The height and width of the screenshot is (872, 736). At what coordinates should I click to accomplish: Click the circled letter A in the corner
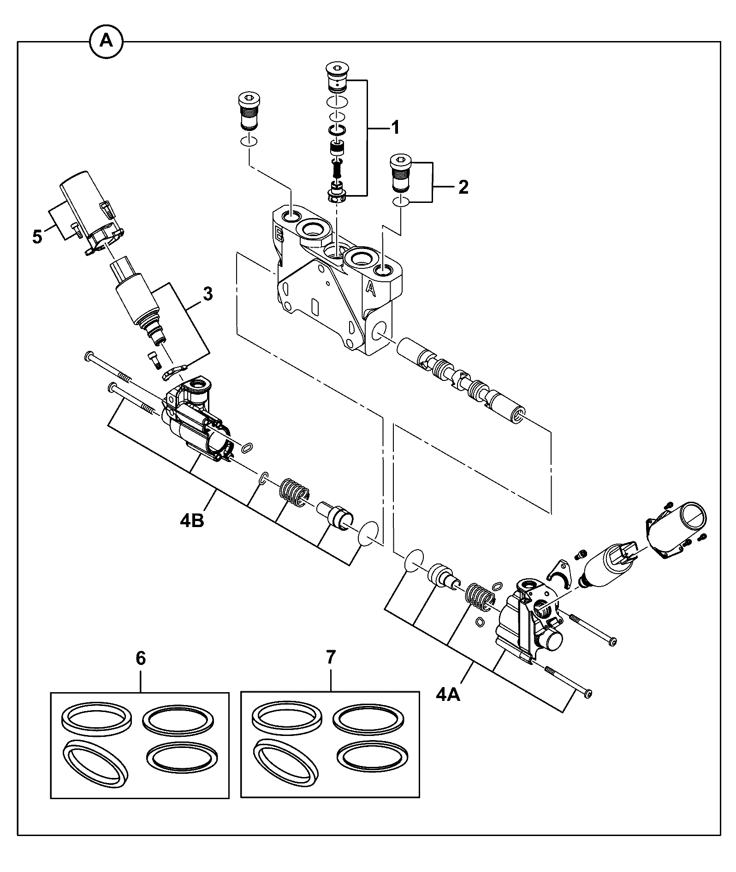pos(106,42)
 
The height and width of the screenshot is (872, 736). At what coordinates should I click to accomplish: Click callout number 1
pos(395,127)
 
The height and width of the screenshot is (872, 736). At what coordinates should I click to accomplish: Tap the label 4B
pos(192,522)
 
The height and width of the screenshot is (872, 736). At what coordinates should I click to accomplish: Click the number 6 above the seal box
pos(141,658)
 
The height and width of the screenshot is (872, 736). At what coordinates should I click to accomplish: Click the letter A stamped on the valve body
pos(370,288)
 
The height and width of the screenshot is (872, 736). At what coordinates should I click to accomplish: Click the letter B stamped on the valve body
pos(279,232)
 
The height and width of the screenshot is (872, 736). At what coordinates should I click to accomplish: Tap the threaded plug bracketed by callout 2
pos(400,173)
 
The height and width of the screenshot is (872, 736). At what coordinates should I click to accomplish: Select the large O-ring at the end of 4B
pos(369,534)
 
